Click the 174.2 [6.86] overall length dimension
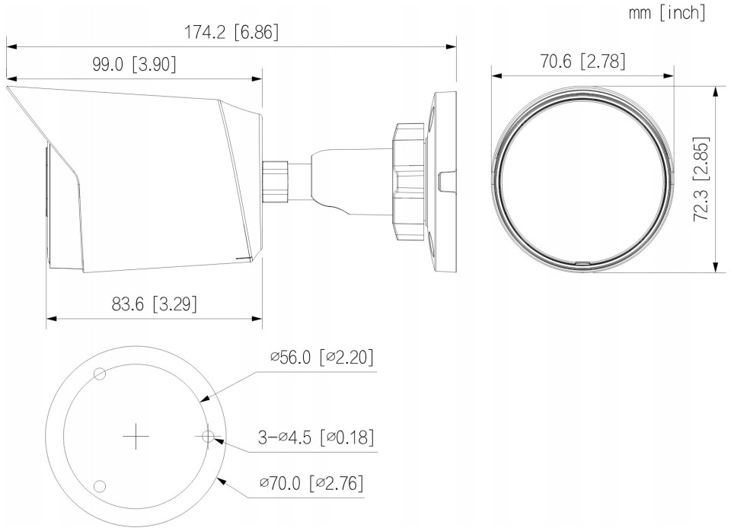pyautogui.click(x=231, y=33)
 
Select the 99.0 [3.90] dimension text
pyautogui.click(x=134, y=64)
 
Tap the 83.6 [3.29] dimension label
pyautogui.click(x=155, y=304)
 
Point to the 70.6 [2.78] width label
pyautogui.click(x=583, y=61)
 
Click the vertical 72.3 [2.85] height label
pyautogui.click(x=701, y=179)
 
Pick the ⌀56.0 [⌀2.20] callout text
pyautogui.click(x=322, y=358)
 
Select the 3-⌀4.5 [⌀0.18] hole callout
pyautogui.click(x=316, y=437)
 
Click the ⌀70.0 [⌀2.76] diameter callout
pyautogui.click(x=311, y=482)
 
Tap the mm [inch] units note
pyautogui.click(x=667, y=13)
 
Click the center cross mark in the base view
pyautogui.click(x=136, y=437)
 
